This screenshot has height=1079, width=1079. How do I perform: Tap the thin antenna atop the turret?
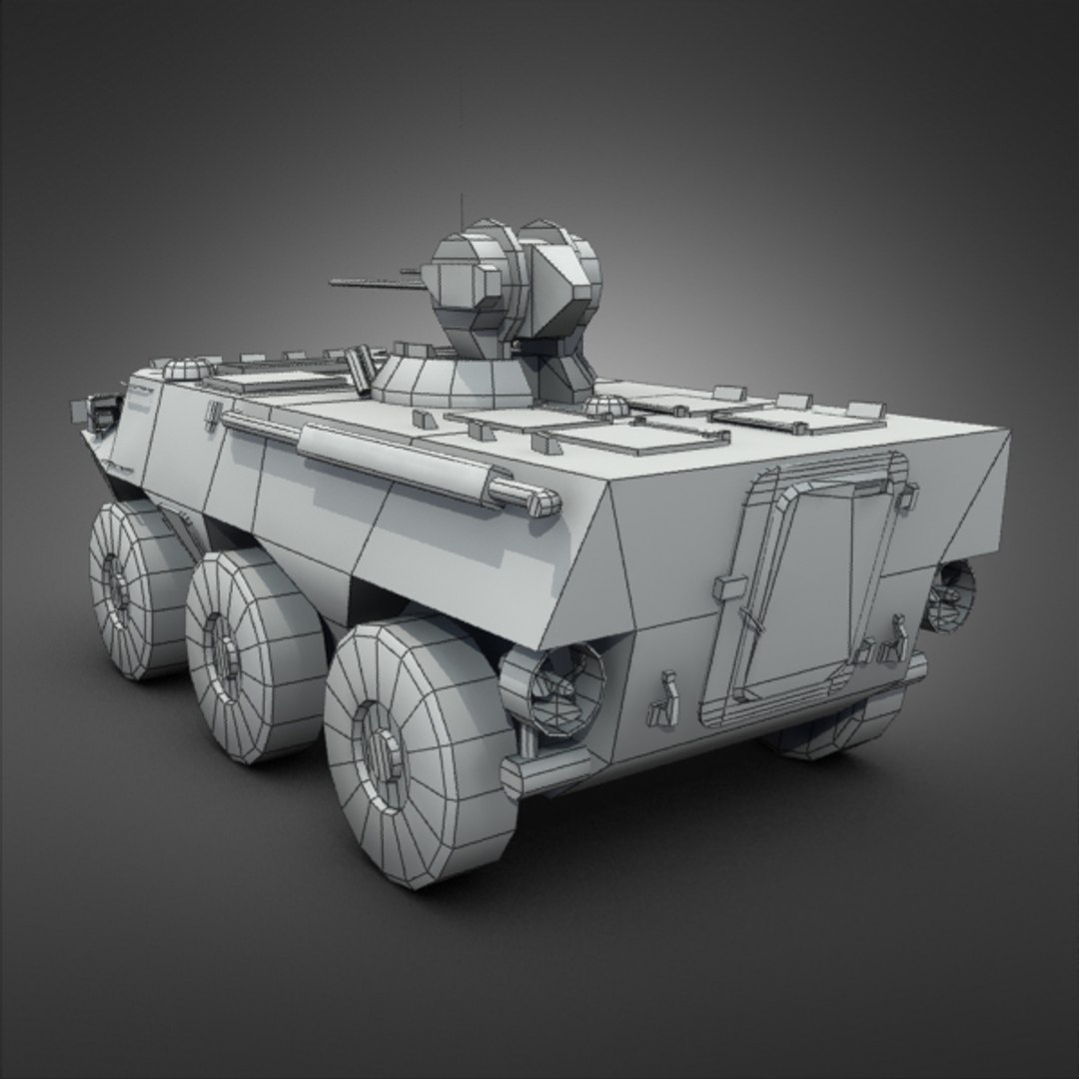(x=462, y=210)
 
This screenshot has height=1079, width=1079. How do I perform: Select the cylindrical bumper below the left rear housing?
(x=544, y=769)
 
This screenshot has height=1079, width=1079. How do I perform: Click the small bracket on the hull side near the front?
(x=212, y=415)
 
